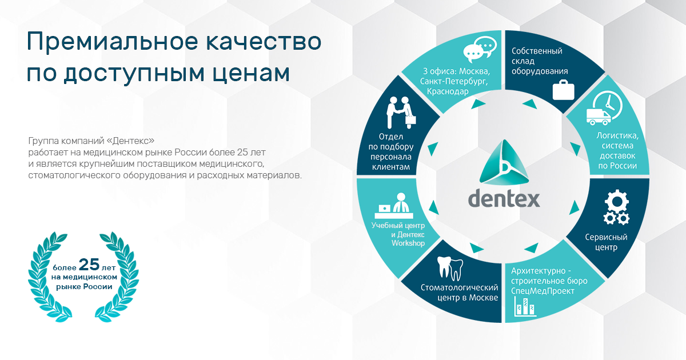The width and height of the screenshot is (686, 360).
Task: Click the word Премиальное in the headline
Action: pos(113,42)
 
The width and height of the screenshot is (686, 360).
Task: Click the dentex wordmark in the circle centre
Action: pos(504,198)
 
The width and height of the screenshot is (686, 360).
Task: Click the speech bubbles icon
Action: pos(480,49)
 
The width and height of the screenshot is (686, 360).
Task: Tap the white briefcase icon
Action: pos(563,90)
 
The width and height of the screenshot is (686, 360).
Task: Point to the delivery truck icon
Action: pos(599,117)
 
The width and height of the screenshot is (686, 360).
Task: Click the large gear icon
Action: pos(616,201)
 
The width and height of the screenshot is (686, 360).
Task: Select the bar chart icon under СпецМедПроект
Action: pos(525,307)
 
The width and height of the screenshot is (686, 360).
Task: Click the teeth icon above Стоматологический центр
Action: pos(450,268)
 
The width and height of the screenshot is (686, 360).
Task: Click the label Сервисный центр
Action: pos(606,242)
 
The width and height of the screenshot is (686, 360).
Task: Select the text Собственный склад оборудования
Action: pos(540,61)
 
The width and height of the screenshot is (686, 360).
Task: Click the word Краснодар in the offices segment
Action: pos(448,91)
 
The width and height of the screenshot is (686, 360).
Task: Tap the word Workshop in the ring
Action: pos(408,243)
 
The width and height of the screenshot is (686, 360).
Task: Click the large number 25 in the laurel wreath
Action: pos(89,265)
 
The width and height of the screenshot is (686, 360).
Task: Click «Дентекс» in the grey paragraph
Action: pos(130,141)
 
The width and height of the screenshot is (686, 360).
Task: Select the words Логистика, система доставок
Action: pos(617,146)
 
